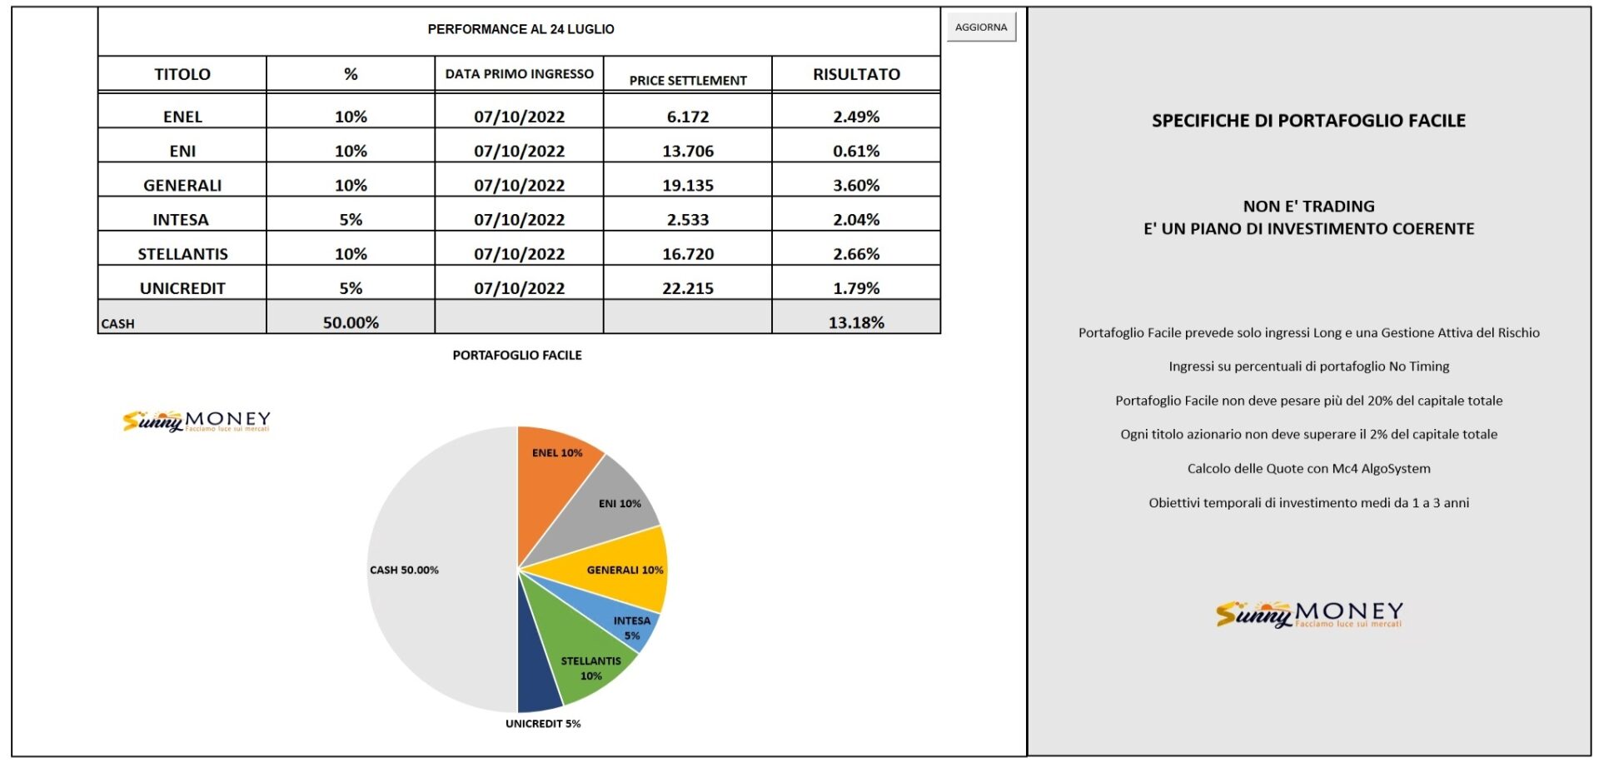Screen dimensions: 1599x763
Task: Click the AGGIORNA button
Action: [x=981, y=27]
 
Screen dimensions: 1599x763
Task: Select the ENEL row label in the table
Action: [x=182, y=117]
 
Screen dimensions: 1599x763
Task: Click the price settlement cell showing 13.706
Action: [x=688, y=151]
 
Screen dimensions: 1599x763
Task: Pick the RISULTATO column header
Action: [x=856, y=74]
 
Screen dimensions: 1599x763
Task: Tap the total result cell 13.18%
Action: [x=856, y=322]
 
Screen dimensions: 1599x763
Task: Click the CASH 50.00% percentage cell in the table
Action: [x=351, y=322]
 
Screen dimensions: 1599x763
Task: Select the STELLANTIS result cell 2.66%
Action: [x=856, y=254]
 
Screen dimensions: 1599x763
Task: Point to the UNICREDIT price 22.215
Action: [x=688, y=288]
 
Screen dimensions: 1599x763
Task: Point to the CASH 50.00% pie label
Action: [x=404, y=570]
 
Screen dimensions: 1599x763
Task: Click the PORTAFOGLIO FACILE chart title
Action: [x=517, y=355]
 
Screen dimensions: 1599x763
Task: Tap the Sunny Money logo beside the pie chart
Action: [x=197, y=421]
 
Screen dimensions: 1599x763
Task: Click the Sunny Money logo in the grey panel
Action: [x=1309, y=614]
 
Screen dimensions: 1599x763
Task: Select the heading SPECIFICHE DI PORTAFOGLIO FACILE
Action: [x=1308, y=121]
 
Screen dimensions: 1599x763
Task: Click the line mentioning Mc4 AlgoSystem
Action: [x=1308, y=468]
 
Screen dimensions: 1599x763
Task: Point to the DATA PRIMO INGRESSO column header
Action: [x=519, y=74]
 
